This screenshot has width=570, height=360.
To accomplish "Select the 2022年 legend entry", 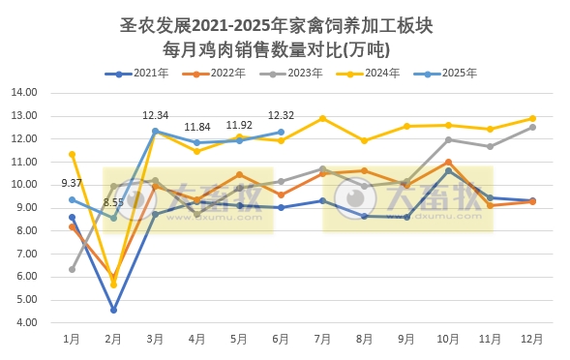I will coord(212,73).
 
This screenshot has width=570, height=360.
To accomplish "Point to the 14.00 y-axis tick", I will coord(24,93).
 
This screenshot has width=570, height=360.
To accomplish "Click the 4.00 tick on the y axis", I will coord(26,322).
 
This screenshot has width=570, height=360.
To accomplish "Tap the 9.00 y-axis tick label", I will coord(26,207).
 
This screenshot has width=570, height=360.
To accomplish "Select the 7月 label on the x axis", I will coord(322,340).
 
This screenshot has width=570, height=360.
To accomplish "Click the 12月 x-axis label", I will coord(531,340).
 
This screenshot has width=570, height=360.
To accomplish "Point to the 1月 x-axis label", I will coord(72,340).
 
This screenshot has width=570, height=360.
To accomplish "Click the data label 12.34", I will coord(155,116).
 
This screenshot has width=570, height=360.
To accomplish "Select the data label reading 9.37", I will coord(72,183).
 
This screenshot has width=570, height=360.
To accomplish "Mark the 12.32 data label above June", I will coord(281,116).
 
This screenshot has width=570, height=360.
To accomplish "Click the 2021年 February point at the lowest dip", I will coord(114,310).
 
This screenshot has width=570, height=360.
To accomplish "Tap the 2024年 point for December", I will coord(531,118).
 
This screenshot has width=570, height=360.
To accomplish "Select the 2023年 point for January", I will coord(73,269).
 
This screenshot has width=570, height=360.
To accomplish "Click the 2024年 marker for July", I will coord(322,118).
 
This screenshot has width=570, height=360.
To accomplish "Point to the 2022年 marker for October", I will coord(448,162).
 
